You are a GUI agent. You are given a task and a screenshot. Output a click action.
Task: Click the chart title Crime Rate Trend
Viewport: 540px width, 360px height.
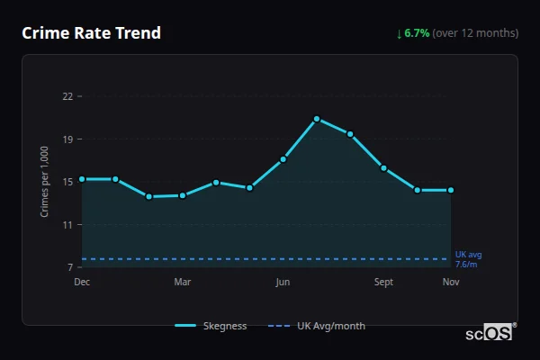91,33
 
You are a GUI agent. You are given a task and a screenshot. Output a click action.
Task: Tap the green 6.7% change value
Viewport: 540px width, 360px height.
417,33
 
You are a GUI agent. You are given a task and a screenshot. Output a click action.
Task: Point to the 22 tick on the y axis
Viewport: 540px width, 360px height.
67,96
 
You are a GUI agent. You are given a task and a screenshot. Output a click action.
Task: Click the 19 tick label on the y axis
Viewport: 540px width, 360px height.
67,139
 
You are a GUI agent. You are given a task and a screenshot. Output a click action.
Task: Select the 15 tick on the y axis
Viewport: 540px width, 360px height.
67,182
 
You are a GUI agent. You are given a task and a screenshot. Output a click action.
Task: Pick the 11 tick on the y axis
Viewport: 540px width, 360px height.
67,225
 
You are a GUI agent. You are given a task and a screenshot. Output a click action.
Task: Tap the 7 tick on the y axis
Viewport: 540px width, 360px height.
69,267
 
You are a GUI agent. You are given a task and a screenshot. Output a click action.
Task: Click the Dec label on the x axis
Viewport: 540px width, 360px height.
82,283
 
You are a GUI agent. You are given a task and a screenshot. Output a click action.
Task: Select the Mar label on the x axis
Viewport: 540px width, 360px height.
183,283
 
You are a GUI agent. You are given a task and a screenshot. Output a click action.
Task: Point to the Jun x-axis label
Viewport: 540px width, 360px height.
283,283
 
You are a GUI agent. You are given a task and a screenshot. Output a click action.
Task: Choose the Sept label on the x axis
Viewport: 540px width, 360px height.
383,283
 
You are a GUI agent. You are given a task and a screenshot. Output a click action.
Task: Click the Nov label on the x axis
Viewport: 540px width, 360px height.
451,283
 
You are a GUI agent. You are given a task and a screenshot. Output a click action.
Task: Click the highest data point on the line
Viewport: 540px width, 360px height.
317,119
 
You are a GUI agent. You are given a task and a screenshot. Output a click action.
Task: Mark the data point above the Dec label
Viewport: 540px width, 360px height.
82,179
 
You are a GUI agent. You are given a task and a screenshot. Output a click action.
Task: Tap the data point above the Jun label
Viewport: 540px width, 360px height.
283,159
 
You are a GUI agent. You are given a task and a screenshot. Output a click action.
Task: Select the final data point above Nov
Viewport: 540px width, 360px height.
451,190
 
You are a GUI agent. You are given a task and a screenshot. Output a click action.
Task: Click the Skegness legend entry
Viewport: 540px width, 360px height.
211,326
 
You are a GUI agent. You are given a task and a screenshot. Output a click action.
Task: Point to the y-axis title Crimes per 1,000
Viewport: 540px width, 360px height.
44,182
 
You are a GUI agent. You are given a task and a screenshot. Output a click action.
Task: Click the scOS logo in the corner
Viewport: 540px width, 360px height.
490,333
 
